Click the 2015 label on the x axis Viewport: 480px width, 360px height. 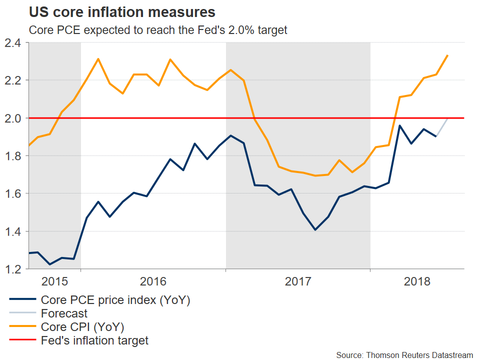(54, 281)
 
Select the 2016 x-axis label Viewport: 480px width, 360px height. (153, 281)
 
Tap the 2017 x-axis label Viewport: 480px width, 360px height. (298, 281)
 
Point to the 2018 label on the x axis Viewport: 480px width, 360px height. (417, 281)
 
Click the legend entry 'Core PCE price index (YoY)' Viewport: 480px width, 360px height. (115, 300)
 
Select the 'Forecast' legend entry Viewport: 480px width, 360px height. (64, 313)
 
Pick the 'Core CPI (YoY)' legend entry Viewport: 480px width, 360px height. (82, 327)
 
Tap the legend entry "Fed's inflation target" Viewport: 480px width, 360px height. (94, 341)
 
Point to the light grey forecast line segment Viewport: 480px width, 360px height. (442, 127)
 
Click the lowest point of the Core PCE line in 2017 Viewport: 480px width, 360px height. (315, 229)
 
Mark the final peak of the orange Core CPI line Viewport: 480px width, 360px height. (447, 55)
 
